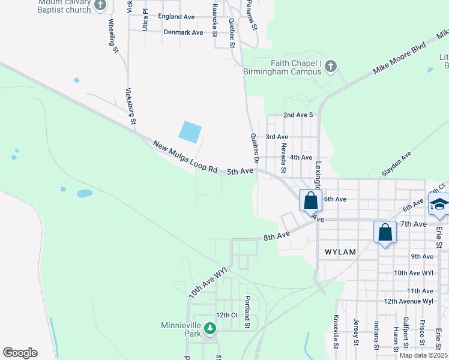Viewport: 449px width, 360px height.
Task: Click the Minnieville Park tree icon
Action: pyautogui.click(x=209, y=328)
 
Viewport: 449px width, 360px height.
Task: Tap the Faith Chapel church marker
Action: pyautogui.click(x=331, y=65)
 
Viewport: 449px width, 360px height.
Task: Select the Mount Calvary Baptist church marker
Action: pyautogui.click(x=100, y=5)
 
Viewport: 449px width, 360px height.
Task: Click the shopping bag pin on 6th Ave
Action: pyautogui.click(x=310, y=202)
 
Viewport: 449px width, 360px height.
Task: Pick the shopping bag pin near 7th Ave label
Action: pyautogui.click(x=385, y=233)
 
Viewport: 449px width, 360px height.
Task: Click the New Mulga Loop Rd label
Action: pyautogui.click(x=185, y=157)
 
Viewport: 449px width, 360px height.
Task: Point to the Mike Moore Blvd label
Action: pyautogui.click(x=400, y=57)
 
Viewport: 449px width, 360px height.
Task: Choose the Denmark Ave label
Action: pyautogui.click(x=183, y=32)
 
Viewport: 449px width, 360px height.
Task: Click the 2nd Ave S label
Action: pyautogui.click(x=298, y=115)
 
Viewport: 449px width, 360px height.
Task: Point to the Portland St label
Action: pyautogui.click(x=247, y=311)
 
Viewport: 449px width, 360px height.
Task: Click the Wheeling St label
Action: pyautogui.click(x=113, y=35)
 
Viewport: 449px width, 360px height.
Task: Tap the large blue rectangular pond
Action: pyautogui.click(x=190, y=132)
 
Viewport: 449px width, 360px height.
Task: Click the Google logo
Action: pyautogui.click(x=20, y=353)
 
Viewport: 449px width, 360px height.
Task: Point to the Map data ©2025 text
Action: pyautogui.click(x=423, y=355)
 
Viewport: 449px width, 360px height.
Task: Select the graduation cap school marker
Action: pyautogui.click(x=439, y=206)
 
